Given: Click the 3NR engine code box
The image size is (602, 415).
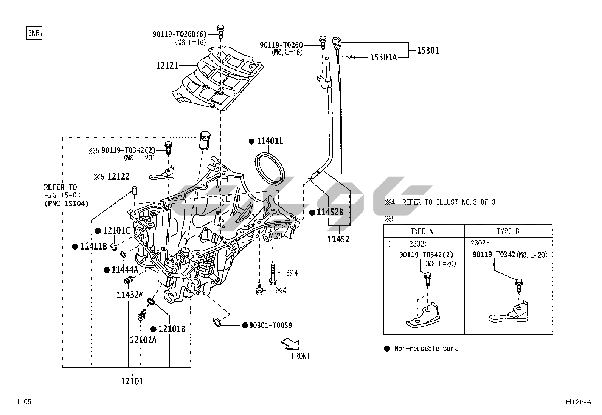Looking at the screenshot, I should (x=33, y=33).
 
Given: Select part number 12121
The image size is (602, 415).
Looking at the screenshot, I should (x=167, y=66).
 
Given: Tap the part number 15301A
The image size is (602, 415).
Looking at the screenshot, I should (x=383, y=57).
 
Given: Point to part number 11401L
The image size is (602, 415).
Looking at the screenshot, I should (x=270, y=141).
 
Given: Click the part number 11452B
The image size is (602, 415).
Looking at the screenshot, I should (x=330, y=212).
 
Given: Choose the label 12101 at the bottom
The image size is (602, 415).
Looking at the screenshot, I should (x=132, y=381).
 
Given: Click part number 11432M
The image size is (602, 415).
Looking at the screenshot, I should (x=130, y=295).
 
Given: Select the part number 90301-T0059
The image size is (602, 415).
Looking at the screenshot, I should (x=270, y=325).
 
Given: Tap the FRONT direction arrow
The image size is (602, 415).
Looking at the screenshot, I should (x=290, y=344).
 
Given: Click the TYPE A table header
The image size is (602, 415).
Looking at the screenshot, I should (x=422, y=231).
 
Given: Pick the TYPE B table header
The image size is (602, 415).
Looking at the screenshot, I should (x=508, y=231).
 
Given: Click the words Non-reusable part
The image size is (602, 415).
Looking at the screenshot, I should (x=426, y=348).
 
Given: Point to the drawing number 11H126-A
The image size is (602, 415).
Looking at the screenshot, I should (x=574, y=402).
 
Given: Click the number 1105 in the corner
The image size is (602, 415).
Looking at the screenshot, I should (x=23, y=401).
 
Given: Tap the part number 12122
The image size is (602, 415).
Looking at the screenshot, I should (x=118, y=176).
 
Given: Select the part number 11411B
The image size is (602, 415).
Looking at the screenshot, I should (x=93, y=247).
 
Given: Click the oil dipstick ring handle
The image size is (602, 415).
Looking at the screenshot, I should (x=337, y=41).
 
